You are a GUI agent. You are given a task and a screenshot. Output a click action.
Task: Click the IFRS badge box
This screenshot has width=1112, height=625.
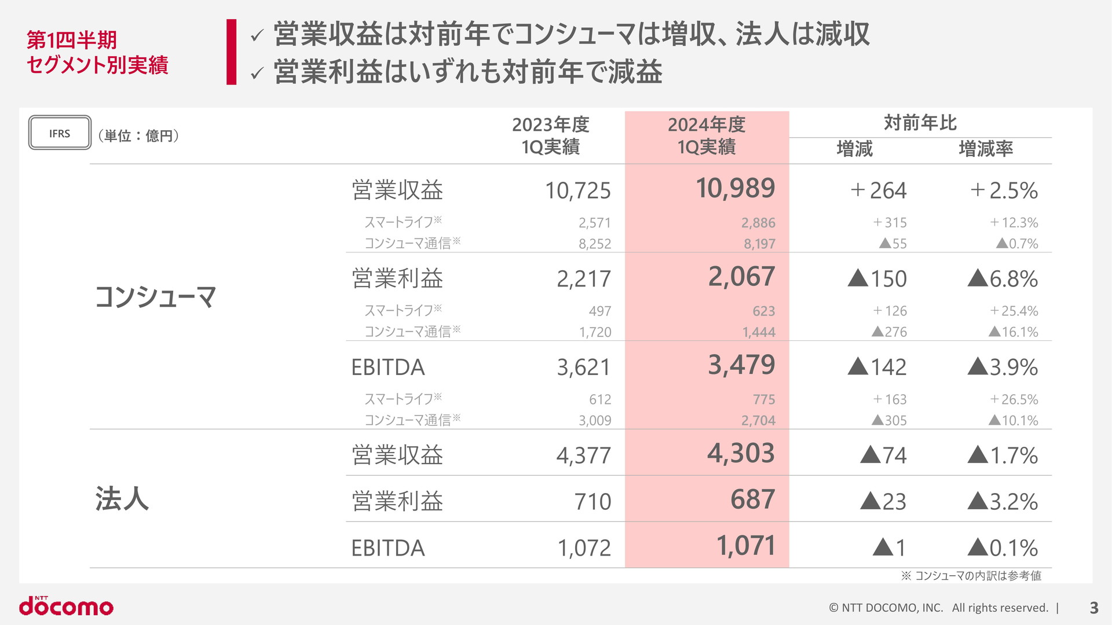60,133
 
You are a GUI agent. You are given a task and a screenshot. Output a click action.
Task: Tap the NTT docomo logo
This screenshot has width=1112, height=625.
66,605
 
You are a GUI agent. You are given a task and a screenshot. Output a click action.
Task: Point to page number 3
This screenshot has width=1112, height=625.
1093,608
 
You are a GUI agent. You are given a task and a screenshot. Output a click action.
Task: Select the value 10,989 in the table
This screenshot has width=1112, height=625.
735,188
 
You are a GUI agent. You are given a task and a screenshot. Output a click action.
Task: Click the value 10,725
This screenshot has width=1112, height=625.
577,190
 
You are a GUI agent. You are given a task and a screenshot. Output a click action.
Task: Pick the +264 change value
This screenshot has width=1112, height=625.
878,190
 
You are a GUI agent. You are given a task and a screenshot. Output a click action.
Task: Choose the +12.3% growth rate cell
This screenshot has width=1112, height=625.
1014,222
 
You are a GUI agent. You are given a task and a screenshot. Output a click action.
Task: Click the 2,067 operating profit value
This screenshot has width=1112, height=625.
741,277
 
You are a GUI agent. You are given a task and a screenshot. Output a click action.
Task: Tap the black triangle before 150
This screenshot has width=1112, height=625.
858,278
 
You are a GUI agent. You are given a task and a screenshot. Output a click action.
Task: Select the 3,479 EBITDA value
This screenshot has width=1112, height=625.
741,365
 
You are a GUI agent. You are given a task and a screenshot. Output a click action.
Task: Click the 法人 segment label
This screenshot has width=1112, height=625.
122,498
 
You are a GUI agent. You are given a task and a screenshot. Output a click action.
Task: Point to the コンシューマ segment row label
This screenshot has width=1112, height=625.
155,297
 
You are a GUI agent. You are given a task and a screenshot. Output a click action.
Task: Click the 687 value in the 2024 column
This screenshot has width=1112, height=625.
752,499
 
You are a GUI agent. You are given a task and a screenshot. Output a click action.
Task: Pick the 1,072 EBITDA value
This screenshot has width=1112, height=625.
584,548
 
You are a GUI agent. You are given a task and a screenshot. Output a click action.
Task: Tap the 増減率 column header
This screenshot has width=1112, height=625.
986,149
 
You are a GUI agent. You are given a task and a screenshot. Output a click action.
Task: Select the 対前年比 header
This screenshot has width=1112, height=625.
920,123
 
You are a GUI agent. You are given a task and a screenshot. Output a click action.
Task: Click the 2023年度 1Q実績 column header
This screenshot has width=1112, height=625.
550,135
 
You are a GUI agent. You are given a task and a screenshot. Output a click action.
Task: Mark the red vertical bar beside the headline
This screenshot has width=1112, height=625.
232,52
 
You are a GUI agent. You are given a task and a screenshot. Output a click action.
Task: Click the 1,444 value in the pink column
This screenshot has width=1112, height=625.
759,332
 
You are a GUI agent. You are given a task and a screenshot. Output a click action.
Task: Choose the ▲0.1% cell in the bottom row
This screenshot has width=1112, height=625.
1003,547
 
